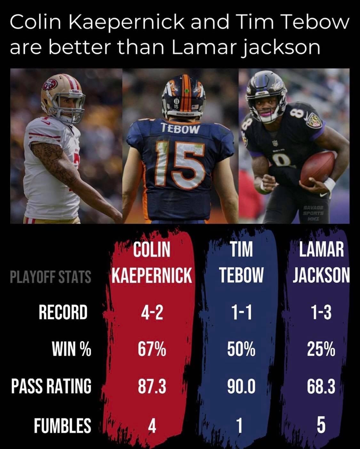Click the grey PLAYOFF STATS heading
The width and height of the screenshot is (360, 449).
pyautogui.click(x=51, y=277)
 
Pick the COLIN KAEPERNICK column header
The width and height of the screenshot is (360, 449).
pyautogui.click(x=152, y=262)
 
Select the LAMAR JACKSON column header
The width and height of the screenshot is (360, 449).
pyautogui.click(x=321, y=262)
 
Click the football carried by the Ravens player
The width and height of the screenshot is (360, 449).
pyautogui.click(x=317, y=169)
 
